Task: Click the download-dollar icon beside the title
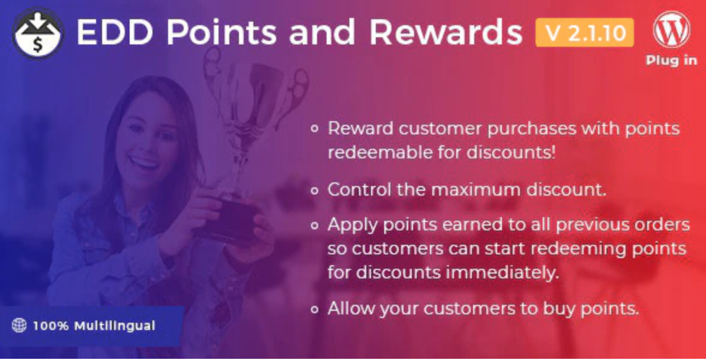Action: [x=38, y=33]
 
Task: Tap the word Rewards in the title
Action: [x=445, y=32]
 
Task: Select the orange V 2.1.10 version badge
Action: [x=585, y=32]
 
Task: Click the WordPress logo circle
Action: [x=671, y=30]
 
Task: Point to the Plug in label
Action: [x=671, y=60]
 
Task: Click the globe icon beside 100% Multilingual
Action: [x=19, y=325]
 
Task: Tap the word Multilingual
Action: [x=115, y=326]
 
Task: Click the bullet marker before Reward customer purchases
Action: [x=315, y=128]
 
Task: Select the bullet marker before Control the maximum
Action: [x=315, y=190]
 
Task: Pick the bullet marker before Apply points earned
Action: [x=315, y=225]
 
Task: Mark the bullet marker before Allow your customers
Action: [x=315, y=309]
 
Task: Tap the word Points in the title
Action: [x=221, y=32]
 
